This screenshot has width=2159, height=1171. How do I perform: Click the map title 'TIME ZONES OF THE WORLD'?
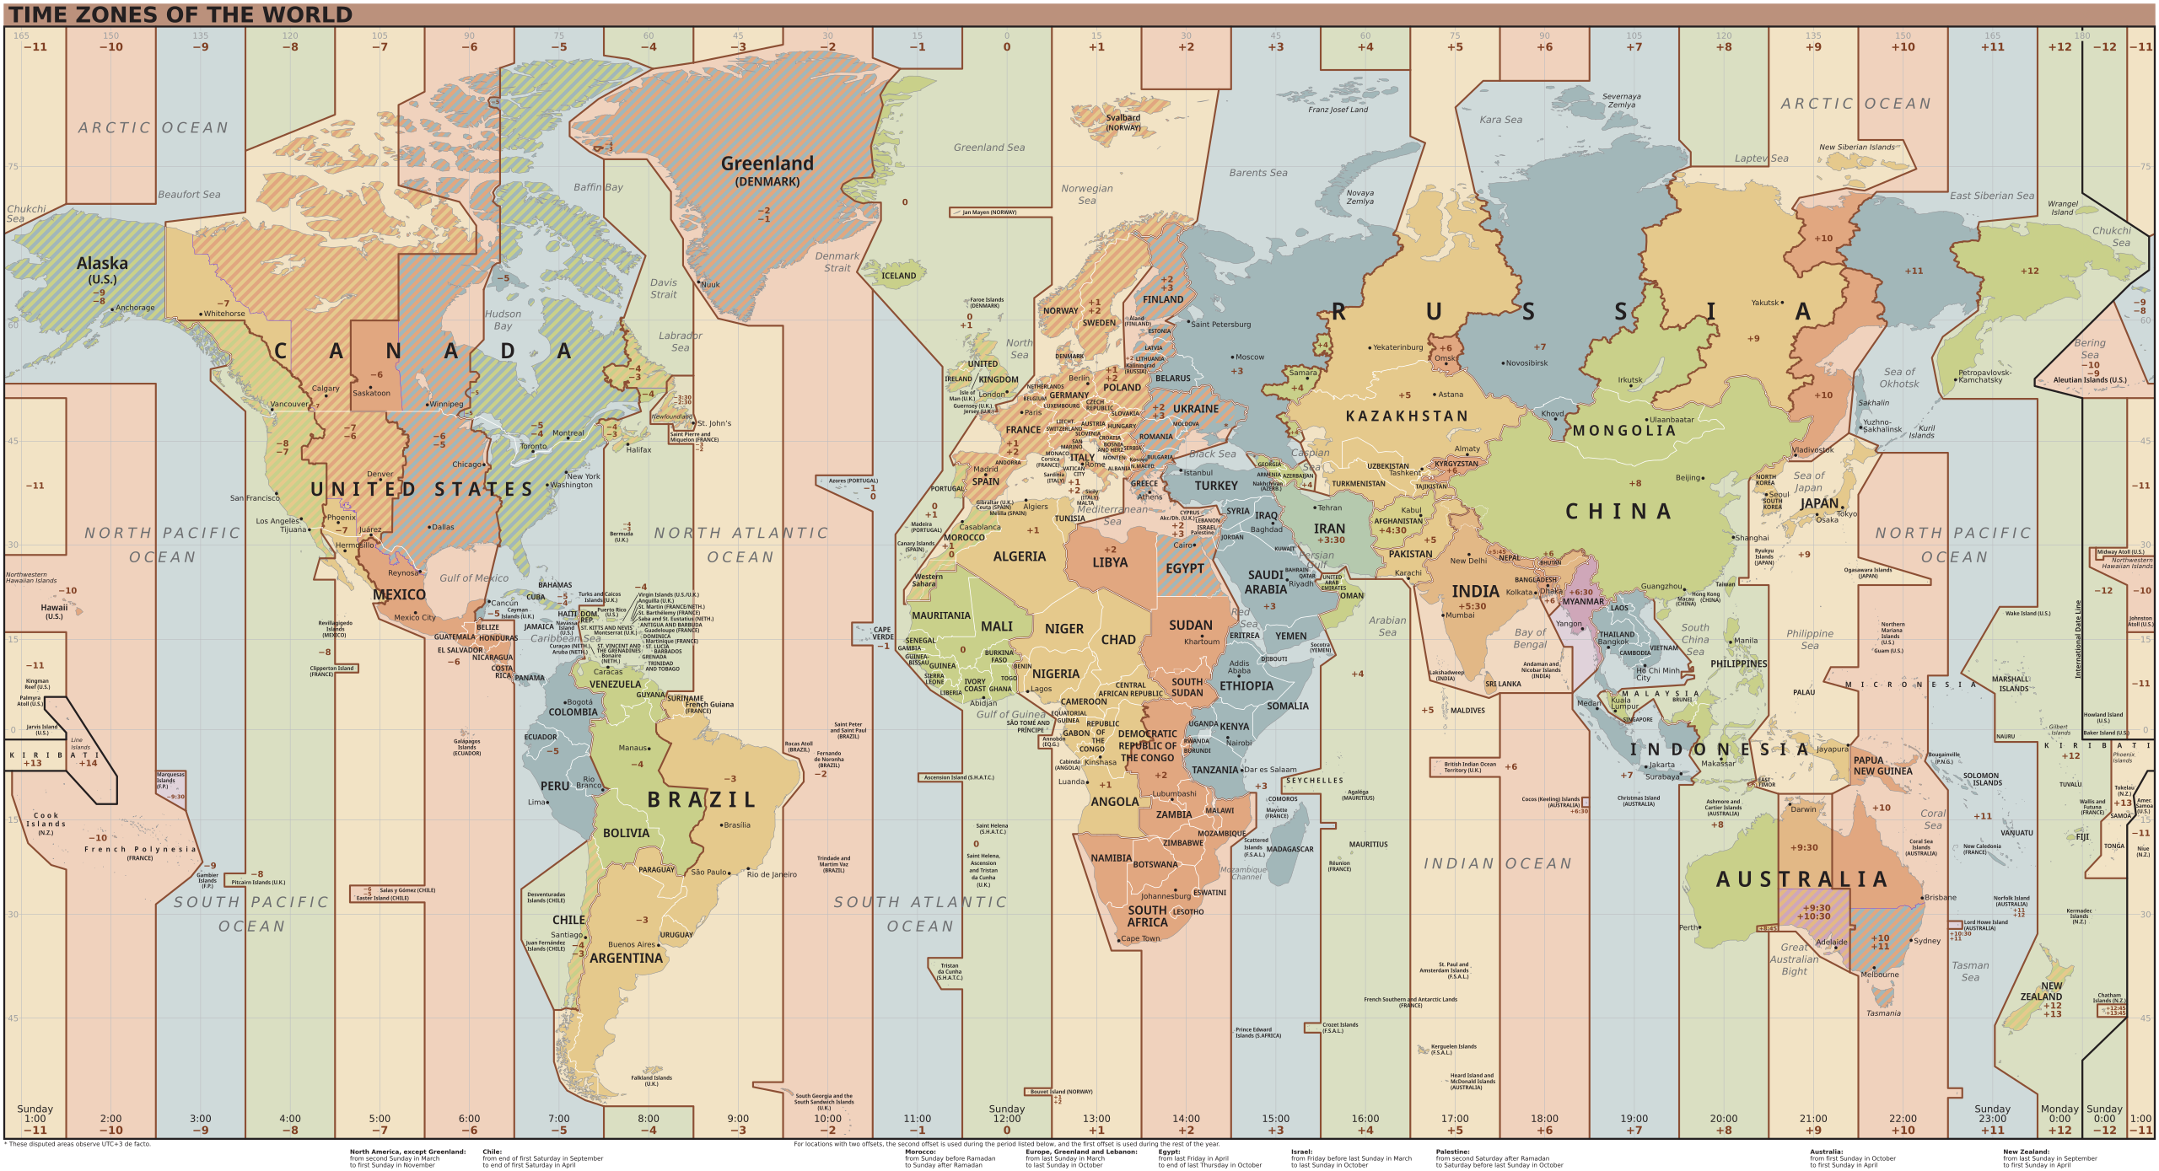click(180, 14)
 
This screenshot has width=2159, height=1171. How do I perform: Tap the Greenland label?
click(767, 164)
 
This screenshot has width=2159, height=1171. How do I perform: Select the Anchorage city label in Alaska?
click(135, 308)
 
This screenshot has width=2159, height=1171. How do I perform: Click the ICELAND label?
click(898, 276)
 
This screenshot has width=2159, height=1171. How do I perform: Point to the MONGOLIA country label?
click(1623, 431)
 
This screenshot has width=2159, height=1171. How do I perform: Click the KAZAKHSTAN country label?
click(1406, 416)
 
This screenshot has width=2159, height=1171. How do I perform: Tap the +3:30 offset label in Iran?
click(1330, 540)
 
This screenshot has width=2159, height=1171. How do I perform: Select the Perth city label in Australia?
click(1688, 927)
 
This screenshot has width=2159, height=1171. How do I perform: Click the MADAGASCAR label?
click(1289, 849)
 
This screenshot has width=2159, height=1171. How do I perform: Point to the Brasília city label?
click(736, 825)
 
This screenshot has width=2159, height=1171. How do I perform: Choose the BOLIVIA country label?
click(626, 833)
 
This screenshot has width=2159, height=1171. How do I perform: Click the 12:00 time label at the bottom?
click(1006, 1119)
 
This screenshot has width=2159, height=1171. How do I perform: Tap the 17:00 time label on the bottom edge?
click(1455, 1119)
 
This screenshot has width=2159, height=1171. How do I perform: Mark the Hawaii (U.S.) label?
click(54, 607)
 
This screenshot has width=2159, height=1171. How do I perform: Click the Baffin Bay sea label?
click(598, 187)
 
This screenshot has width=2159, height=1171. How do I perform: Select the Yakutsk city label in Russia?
click(1764, 303)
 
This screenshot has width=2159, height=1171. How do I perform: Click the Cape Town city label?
click(1140, 938)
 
